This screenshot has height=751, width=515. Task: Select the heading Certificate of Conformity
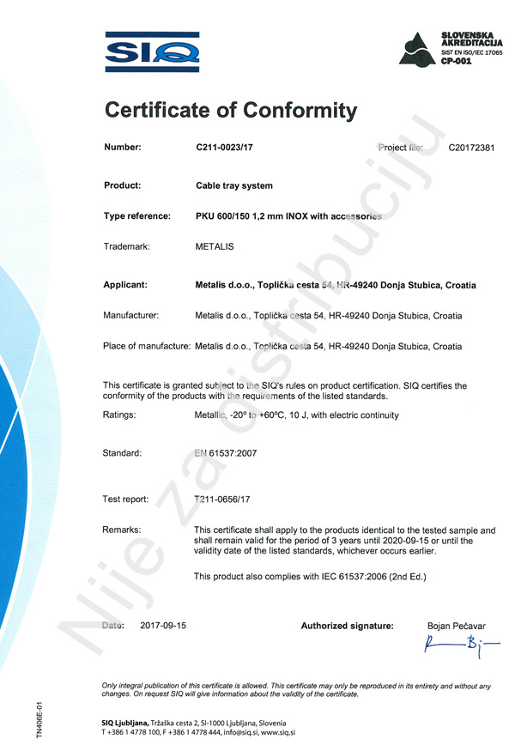pos(229,110)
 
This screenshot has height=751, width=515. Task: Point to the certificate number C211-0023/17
pos(225,148)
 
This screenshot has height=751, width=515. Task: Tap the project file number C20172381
pos(471,148)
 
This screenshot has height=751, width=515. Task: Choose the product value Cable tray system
pos(234,185)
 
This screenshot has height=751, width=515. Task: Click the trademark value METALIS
pos(215,246)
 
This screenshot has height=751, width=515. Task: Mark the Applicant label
pos(125,284)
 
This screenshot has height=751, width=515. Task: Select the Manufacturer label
pos(131,315)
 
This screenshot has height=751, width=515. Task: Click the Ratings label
pos(119,415)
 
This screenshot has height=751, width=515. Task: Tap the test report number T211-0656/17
pos(223,499)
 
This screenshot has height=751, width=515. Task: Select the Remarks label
pos(122,530)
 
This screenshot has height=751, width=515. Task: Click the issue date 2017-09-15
pos(163,626)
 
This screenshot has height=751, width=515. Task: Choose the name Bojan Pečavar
pos(456,627)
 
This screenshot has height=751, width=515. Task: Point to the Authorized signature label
pos(347,627)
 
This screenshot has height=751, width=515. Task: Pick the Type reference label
pos(136,216)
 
